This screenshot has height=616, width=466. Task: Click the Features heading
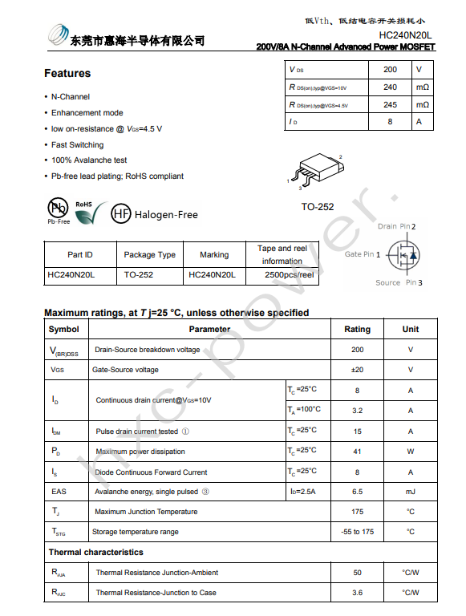[67, 74]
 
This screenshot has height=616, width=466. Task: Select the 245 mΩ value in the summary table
[390, 105]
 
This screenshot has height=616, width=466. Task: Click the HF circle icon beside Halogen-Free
[120, 214]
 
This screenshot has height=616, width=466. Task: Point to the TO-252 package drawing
[316, 170]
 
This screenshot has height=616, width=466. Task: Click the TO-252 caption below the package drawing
[318, 207]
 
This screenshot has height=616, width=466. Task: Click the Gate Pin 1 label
[363, 254]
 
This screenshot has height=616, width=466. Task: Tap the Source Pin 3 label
[399, 282]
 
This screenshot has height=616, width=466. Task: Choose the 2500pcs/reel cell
[289, 274]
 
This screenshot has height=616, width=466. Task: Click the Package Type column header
[150, 255]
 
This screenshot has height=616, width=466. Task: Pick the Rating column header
[357, 329]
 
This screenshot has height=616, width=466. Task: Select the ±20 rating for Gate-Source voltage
[357, 370]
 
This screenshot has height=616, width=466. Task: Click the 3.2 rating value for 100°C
[357, 411]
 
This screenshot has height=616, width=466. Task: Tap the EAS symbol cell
[59, 492]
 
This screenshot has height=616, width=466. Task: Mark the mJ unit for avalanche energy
[410, 492]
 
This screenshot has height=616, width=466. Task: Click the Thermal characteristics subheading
[95, 552]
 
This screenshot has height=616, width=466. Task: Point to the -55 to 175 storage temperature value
[357, 532]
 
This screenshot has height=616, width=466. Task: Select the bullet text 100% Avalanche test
[89, 160]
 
